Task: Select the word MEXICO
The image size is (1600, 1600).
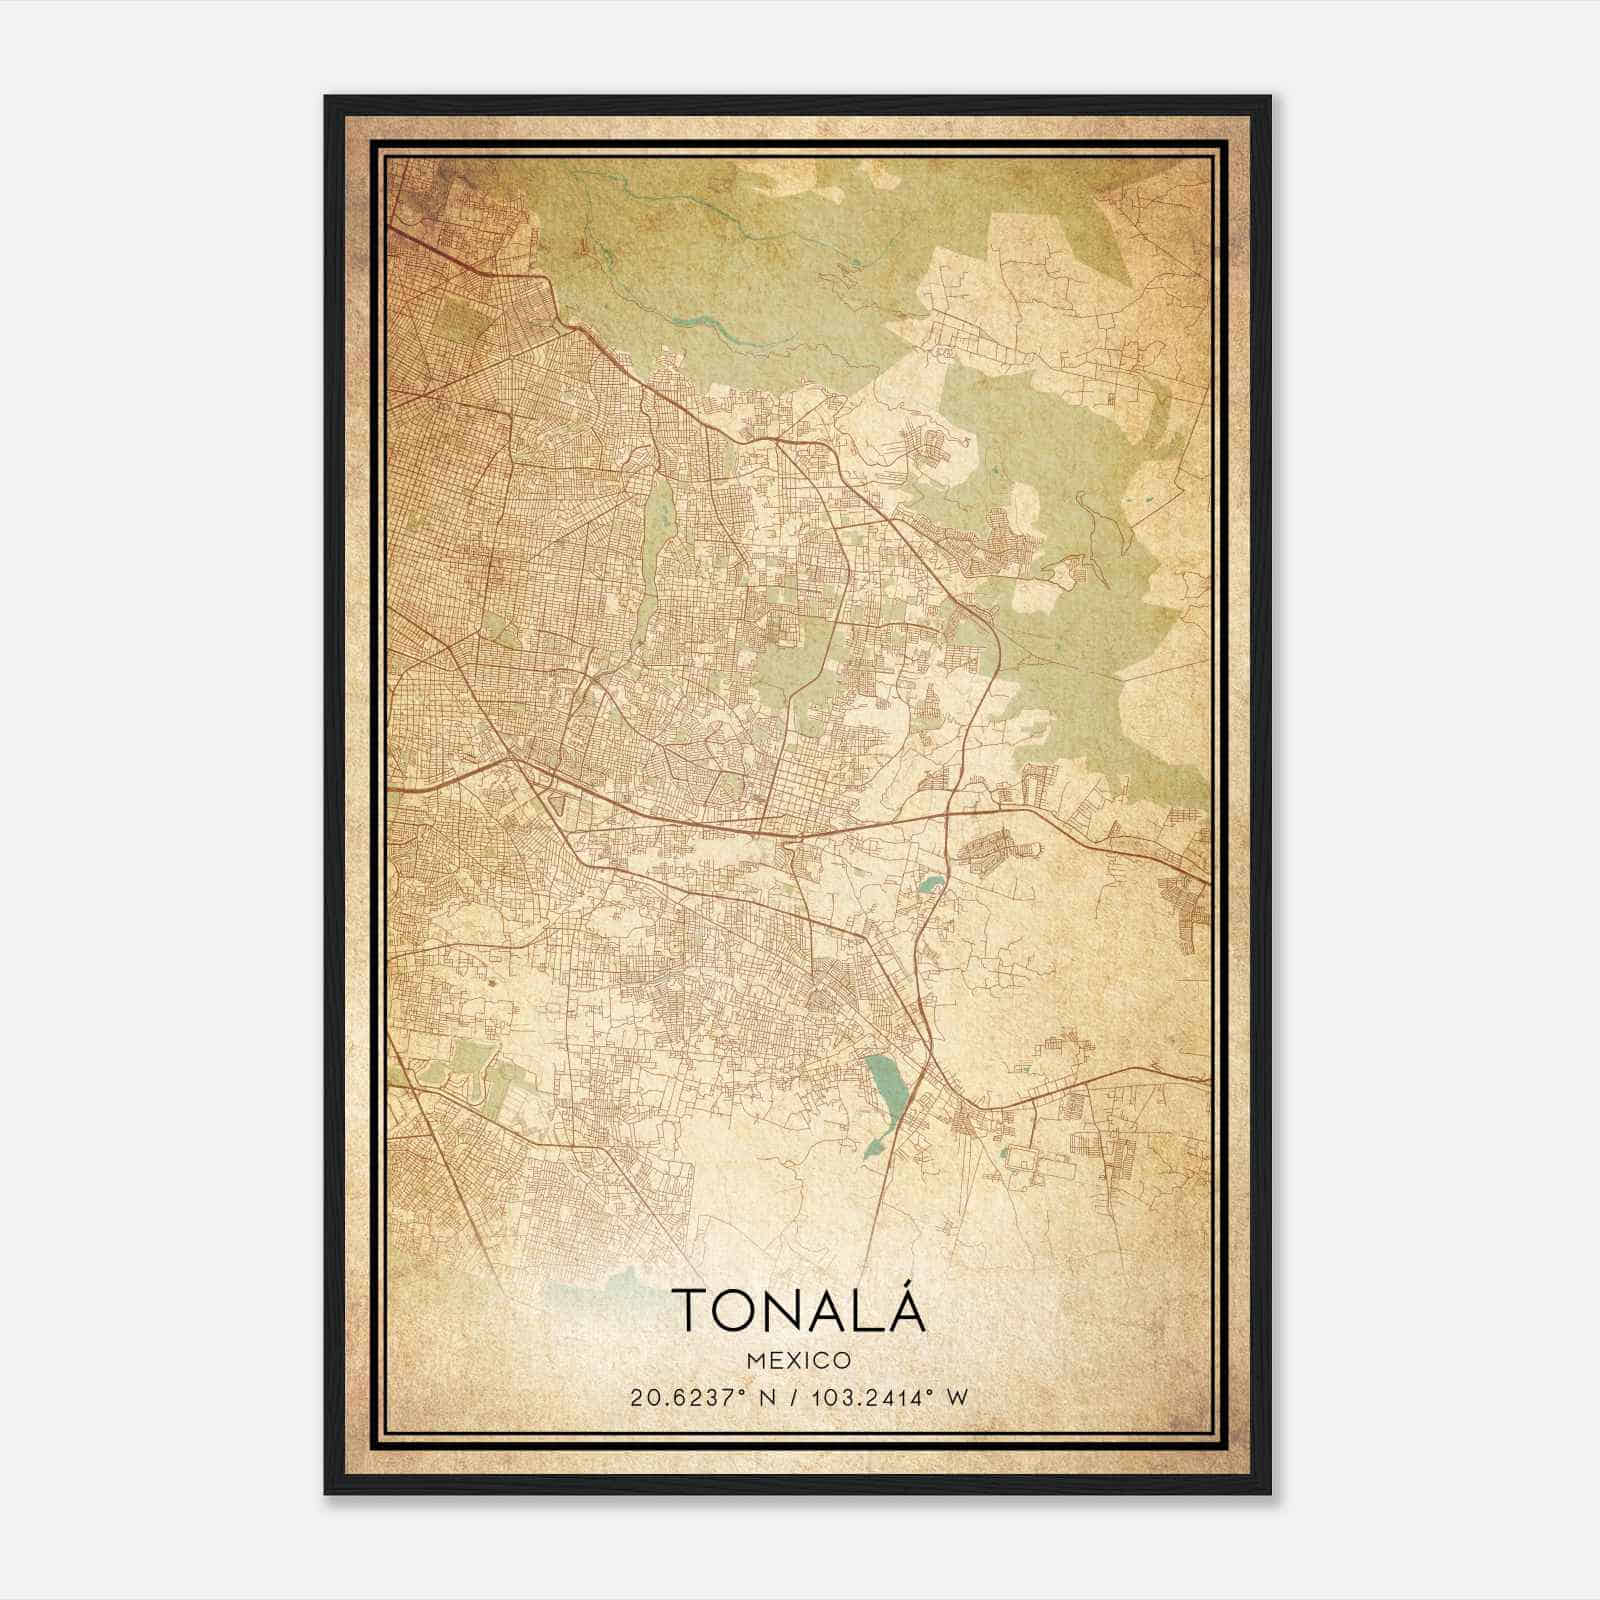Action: point(799,1361)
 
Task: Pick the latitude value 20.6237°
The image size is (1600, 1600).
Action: point(682,1398)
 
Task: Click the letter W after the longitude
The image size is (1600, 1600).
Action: point(957,1398)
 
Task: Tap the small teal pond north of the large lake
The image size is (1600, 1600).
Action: point(930,884)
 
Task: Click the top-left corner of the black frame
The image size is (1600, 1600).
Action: point(327,98)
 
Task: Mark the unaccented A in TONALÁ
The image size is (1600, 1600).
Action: point(829,1310)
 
